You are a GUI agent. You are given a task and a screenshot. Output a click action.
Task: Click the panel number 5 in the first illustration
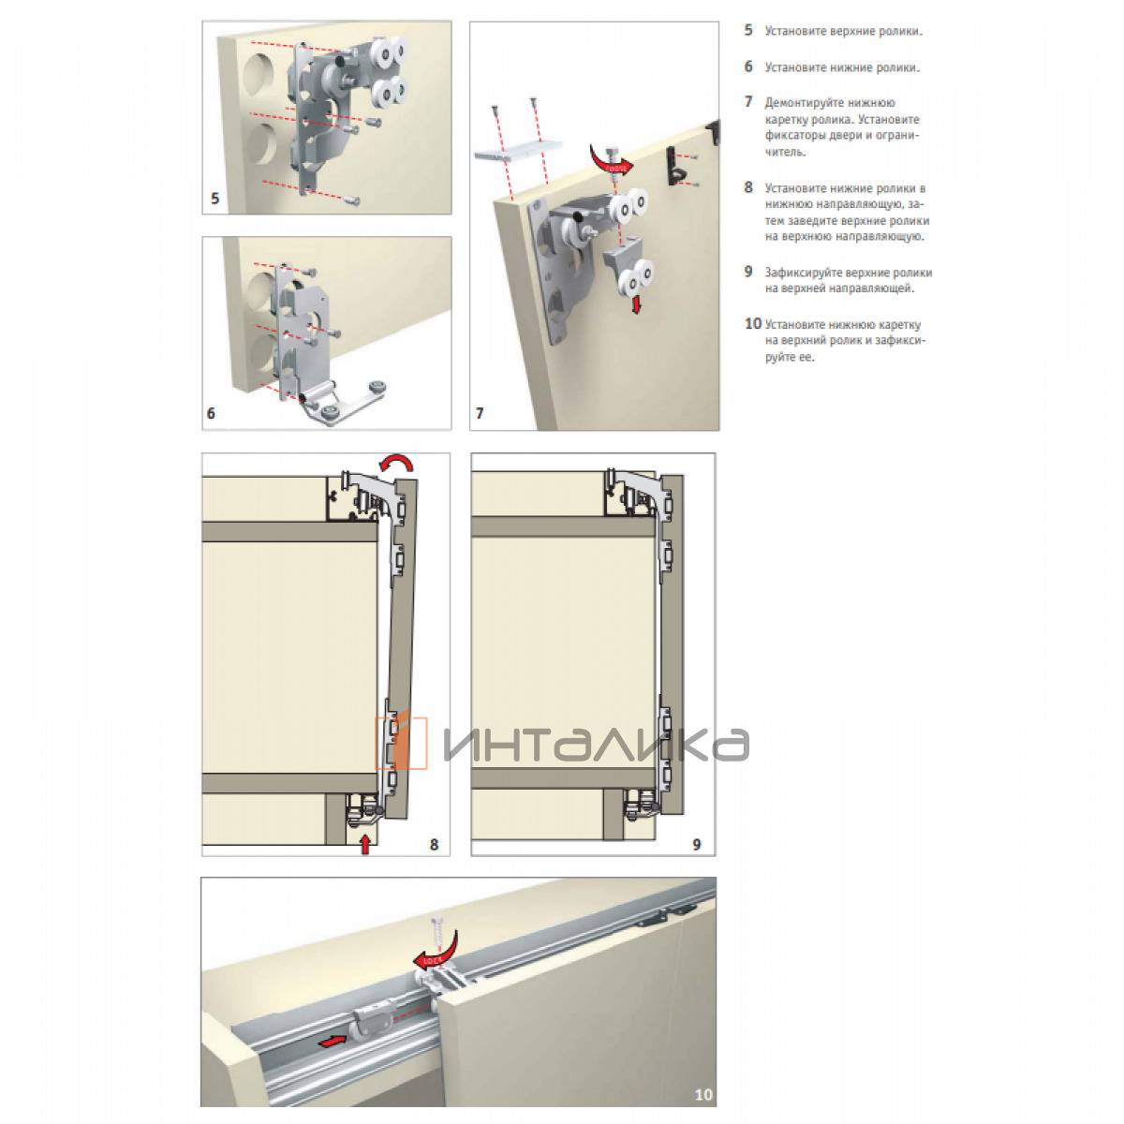pyautogui.click(x=214, y=199)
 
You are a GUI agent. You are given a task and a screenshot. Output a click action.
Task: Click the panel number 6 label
pyautogui.click(x=211, y=413)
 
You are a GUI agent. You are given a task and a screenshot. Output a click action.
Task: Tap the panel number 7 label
pyautogui.click(x=480, y=413)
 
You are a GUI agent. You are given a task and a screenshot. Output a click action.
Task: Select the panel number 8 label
pyautogui.click(x=434, y=844)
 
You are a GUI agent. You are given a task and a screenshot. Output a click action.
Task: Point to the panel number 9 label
pyautogui.click(x=697, y=844)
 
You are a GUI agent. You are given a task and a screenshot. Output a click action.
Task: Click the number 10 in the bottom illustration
pyautogui.click(x=703, y=1094)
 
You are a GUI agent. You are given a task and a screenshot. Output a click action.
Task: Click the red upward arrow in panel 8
pyautogui.click(x=365, y=843)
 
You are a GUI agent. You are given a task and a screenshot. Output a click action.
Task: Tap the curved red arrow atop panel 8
pyautogui.click(x=397, y=463)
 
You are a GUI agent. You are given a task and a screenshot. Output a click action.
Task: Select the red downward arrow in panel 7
pyautogui.click(x=636, y=304)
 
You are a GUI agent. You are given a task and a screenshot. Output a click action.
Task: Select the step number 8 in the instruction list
pyautogui.click(x=748, y=187)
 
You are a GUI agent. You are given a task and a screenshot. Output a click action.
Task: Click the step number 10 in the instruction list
pyautogui.click(x=753, y=323)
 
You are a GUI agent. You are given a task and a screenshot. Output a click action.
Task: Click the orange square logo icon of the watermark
pyautogui.click(x=401, y=743)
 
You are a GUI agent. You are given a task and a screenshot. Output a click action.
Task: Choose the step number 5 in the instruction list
pyautogui.click(x=748, y=30)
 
